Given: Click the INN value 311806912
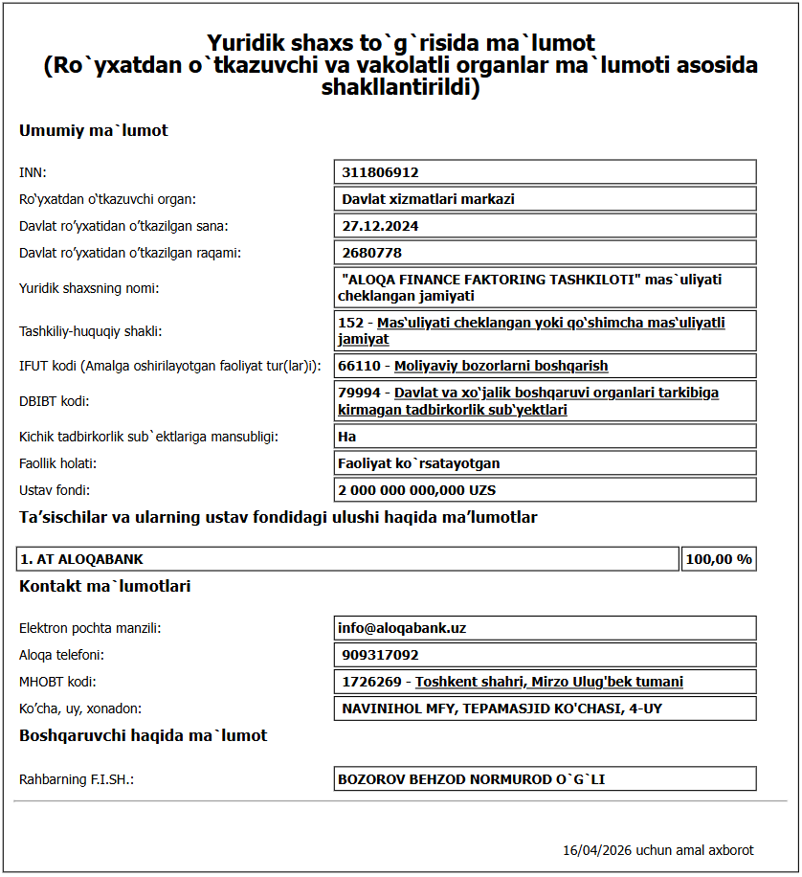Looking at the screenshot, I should coord(380,172).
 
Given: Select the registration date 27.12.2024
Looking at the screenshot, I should coord(380,226).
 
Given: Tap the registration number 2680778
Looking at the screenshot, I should coord(371,253).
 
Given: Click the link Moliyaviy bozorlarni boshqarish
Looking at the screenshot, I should coord(501,366).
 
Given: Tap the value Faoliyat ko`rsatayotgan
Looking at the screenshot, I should coord(418,463).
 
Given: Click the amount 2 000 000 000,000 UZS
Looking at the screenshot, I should coord(416,490).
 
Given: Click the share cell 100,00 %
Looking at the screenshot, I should coord(719,559).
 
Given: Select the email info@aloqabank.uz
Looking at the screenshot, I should coord(402,628).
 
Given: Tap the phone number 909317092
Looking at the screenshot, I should coord(380,655).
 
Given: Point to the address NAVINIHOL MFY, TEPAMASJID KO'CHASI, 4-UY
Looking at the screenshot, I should coord(501,708).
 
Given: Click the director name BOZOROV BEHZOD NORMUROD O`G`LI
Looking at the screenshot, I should coord(471,779).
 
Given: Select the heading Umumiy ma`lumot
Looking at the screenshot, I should coord(94,130).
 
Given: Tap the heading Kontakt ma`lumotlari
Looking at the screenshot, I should coord(105,586).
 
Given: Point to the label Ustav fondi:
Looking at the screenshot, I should coord(55,490).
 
